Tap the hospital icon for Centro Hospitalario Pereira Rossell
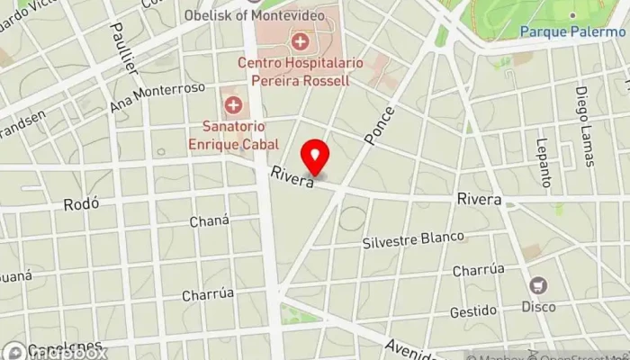[299, 42]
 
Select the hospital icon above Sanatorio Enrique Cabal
[234, 106]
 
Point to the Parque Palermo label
[572, 31]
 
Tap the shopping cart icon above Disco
[538, 286]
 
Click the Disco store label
[538, 307]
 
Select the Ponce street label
[380, 125]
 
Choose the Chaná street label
[210, 221]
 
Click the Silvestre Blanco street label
[414, 240]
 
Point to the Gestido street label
[473, 311]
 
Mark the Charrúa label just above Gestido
[478, 269]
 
